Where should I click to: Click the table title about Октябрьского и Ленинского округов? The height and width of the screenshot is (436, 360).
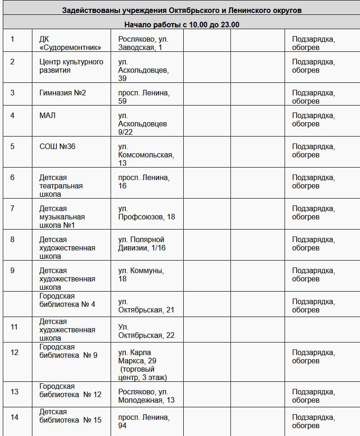(181, 10)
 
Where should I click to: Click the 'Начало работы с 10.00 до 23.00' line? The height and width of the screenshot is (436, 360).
(181, 25)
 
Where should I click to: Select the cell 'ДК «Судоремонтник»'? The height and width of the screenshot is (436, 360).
(70, 43)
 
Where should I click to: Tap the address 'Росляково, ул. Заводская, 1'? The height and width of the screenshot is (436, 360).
(143, 43)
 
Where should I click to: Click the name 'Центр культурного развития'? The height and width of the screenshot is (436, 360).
(71, 66)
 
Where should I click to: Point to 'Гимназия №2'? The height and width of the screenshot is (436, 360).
(62, 93)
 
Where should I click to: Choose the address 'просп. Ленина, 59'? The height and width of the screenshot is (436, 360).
(143, 97)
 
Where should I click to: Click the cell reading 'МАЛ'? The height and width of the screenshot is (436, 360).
(47, 115)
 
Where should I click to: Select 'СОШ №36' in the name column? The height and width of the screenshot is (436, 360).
(57, 146)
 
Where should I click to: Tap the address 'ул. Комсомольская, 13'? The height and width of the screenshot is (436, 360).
(146, 155)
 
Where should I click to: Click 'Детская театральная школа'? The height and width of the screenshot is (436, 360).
(61, 186)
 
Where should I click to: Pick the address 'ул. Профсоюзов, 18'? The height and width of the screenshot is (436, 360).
(146, 212)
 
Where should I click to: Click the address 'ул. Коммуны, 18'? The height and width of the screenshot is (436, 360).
(141, 274)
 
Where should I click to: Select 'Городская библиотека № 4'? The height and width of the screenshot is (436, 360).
(67, 300)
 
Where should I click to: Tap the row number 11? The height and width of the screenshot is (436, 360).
(14, 327)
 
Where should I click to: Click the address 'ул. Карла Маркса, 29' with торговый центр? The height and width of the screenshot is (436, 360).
(143, 365)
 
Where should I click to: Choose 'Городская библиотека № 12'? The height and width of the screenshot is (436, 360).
(70, 390)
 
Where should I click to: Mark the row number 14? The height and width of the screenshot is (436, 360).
(14, 417)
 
